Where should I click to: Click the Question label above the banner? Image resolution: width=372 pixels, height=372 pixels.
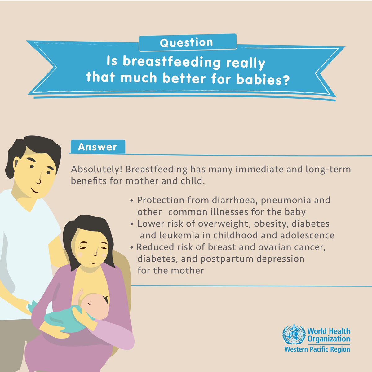pos(187,42)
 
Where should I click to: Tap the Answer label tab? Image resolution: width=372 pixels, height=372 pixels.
pos(97,147)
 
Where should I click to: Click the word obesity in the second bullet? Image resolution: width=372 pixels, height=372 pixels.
pos(272,224)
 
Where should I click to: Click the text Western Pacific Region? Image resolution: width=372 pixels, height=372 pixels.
pos(317,349)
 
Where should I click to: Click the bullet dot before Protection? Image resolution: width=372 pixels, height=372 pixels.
pos(132,201)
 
